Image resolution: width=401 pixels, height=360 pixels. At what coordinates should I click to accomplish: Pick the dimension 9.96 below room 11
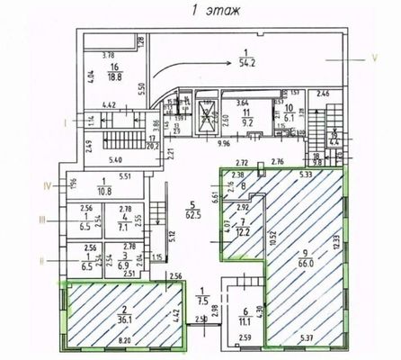point(226,142)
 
